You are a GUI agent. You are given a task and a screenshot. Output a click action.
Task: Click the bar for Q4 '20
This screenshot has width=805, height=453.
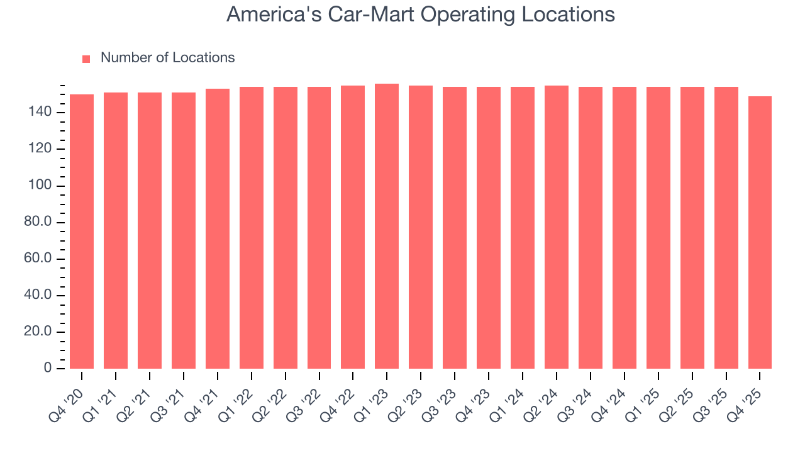pyautogui.click(x=82, y=232)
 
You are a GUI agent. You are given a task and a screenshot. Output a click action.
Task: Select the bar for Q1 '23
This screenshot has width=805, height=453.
pyautogui.click(x=387, y=226)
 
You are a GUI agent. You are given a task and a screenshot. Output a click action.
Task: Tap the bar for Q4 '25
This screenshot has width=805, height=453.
pyautogui.click(x=760, y=233)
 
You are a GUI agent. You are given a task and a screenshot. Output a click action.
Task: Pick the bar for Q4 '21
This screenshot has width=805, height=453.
pyautogui.click(x=218, y=229)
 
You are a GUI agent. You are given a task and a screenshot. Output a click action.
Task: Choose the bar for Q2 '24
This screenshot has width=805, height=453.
pyautogui.click(x=557, y=227)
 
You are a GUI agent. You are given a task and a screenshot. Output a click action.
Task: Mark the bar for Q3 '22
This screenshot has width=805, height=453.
pyautogui.click(x=319, y=228)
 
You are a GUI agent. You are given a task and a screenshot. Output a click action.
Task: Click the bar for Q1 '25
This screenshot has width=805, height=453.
pyautogui.click(x=658, y=228)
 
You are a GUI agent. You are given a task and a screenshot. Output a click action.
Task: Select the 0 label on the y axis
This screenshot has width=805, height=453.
pyautogui.click(x=48, y=369)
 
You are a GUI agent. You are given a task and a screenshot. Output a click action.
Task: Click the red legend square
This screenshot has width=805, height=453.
pyautogui.click(x=86, y=59)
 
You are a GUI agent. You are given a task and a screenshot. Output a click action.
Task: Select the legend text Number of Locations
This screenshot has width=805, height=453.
pyautogui.click(x=167, y=58)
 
